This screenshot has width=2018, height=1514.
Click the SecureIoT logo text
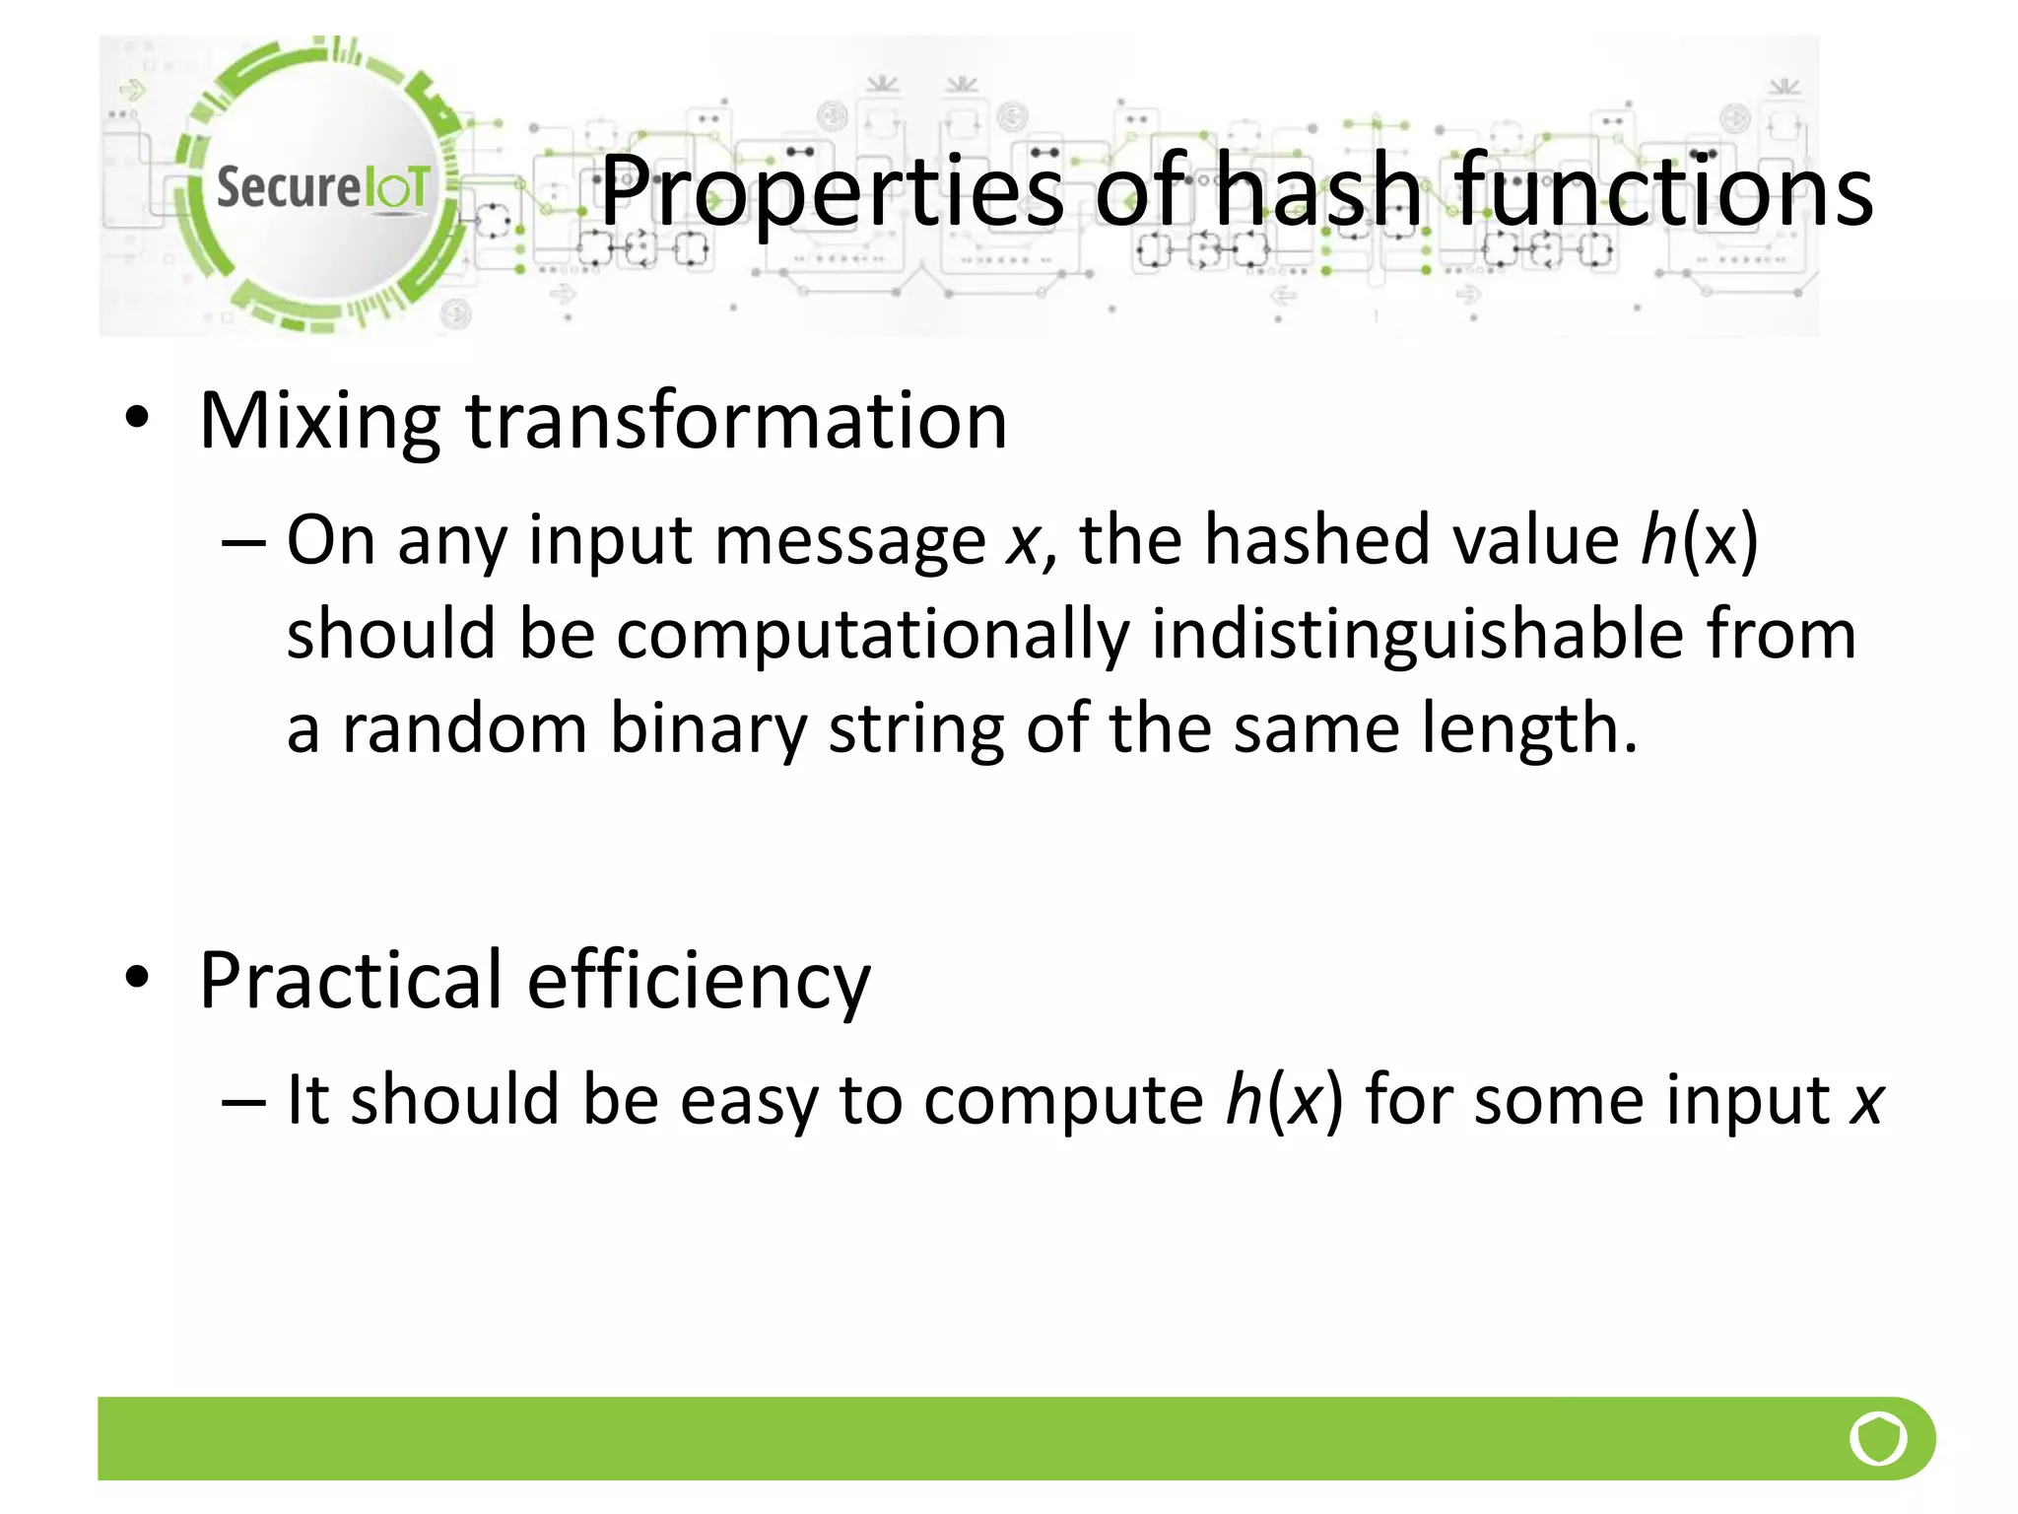tap(322, 187)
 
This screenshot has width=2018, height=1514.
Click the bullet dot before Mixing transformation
tap(137, 419)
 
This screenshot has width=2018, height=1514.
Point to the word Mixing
tap(319, 422)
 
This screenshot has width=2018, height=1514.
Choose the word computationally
tap(873, 636)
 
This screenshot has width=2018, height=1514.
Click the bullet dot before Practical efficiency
tap(137, 978)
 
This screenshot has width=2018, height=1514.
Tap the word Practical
tap(351, 980)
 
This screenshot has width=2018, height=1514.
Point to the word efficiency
tap(699, 982)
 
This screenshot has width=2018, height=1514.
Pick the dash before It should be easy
tap(243, 1100)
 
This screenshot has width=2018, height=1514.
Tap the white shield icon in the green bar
tap(1878, 1438)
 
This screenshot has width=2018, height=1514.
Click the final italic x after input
tap(1866, 1102)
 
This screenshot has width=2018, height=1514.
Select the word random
tap(464, 729)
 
